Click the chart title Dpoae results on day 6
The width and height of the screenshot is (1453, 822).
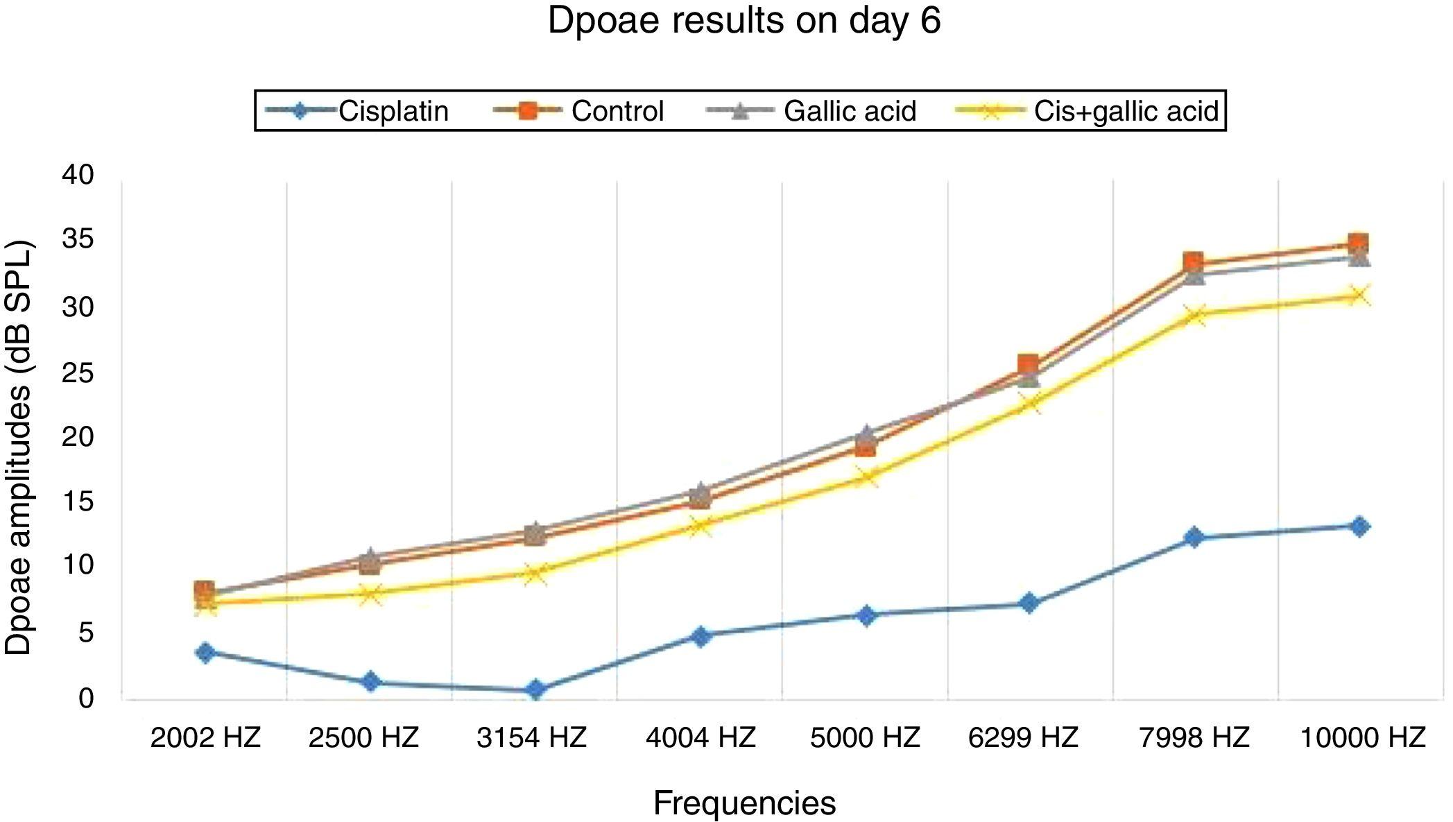[743, 21]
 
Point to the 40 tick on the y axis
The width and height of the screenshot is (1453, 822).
[78, 175]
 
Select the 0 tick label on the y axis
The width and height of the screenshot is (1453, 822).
[85, 698]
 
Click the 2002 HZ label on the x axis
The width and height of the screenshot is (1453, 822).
[205, 737]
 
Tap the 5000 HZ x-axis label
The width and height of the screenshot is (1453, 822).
[865, 737]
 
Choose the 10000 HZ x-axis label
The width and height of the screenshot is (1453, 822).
[1362, 737]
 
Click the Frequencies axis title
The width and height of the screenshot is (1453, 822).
[744, 803]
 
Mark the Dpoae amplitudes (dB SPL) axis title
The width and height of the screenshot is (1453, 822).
[19, 447]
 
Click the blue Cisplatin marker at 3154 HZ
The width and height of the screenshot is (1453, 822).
[535, 690]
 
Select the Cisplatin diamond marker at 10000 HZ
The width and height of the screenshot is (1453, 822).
[1359, 526]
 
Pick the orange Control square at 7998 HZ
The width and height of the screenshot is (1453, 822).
[1193, 262]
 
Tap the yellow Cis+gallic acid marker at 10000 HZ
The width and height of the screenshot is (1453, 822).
[1359, 296]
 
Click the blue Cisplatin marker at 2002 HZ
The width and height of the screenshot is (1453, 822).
[205, 652]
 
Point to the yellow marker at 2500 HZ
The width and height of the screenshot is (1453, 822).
[370, 594]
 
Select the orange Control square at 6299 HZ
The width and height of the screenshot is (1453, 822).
[1028, 364]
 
